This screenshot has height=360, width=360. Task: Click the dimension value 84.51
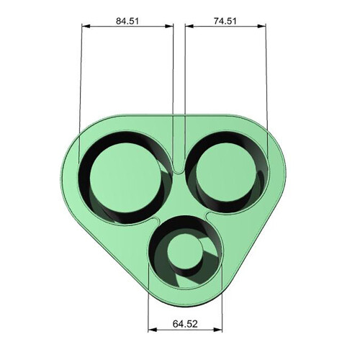tap(127, 21)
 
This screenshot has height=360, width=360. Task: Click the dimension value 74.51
tap(225, 21)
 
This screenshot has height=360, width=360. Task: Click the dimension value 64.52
tap(185, 324)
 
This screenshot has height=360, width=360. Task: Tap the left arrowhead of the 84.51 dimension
tap(86, 26)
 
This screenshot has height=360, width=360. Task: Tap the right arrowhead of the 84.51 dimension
tap(169, 26)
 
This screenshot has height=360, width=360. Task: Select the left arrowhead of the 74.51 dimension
tap(189, 26)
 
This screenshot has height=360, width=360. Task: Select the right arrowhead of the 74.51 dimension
tap(262, 26)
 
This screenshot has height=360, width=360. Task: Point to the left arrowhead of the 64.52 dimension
tap(153, 330)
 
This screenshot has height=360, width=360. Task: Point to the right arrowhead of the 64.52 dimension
tap(218, 330)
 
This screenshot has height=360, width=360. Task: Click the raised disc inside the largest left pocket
tap(125, 178)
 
